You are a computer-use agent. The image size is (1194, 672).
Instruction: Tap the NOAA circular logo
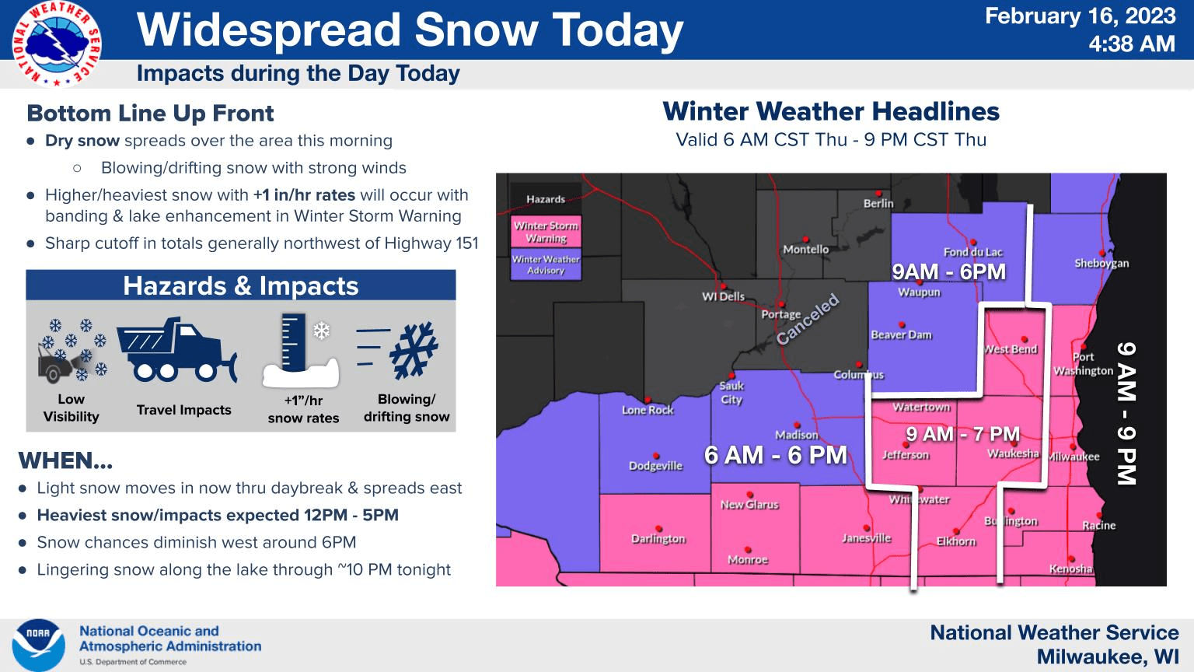click(x=38, y=645)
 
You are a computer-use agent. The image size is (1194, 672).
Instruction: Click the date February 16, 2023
click(x=1080, y=16)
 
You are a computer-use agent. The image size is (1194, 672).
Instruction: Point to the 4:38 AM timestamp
click(x=1131, y=44)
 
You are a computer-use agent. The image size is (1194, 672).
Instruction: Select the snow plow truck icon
click(x=177, y=350)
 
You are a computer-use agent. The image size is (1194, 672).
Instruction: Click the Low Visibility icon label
click(x=71, y=408)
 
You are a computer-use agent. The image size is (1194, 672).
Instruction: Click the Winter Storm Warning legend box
click(x=546, y=232)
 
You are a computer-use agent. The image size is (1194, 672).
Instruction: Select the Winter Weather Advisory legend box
click(x=546, y=264)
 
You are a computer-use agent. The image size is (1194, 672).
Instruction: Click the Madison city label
click(x=796, y=435)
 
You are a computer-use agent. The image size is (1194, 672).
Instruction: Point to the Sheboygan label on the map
click(x=1101, y=263)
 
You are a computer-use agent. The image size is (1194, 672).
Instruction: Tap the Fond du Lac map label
click(x=972, y=252)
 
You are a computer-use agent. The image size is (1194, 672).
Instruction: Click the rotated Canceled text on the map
click(x=808, y=319)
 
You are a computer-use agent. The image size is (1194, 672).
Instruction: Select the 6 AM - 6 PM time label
click(x=775, y=454)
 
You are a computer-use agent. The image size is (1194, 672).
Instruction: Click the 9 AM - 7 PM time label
click(x=962, y=434)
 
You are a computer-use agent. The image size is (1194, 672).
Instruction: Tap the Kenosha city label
click(x=1070, y=569)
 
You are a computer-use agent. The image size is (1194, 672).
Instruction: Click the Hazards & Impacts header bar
click(x=241, y=285)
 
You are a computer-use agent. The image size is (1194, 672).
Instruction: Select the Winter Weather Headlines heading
click(x=831, y=111)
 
